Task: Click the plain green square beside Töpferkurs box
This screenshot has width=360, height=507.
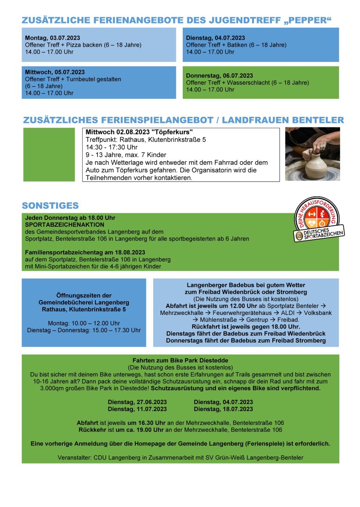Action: coord(48,154)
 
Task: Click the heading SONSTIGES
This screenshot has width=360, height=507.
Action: coord(50,205)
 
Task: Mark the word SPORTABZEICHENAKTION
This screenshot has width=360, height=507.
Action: coord(58,224)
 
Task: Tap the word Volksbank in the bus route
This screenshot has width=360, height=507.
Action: coord(318,313)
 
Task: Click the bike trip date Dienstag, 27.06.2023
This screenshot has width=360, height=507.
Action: coord(137,402)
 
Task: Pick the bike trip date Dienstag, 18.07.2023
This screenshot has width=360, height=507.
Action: coord(223,409)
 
